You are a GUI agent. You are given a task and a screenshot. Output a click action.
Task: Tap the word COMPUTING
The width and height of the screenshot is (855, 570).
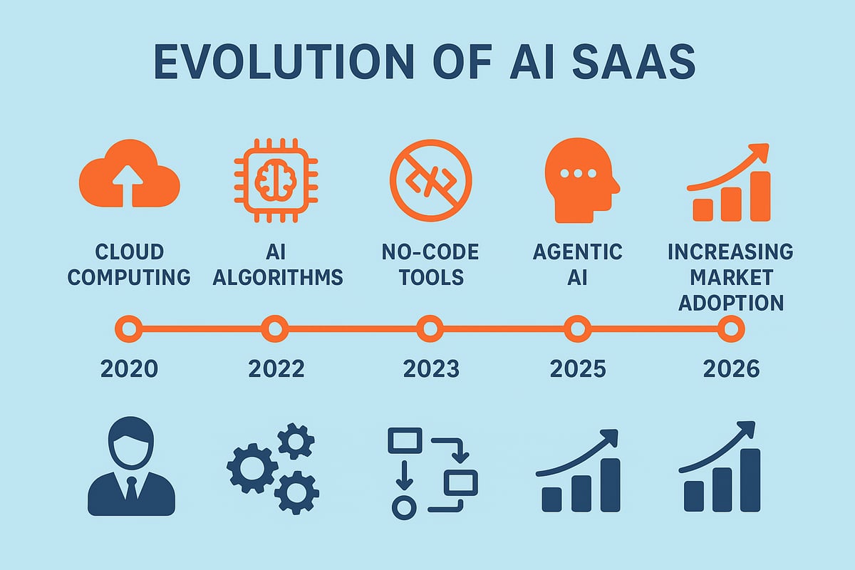129,276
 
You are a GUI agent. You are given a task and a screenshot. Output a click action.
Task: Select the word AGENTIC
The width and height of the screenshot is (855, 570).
577,252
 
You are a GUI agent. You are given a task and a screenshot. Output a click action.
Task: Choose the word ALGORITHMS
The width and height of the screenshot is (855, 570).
278,276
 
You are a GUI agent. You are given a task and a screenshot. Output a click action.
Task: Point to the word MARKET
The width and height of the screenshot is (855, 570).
731,276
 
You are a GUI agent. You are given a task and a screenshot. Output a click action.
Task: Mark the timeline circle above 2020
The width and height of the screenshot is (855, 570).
128,329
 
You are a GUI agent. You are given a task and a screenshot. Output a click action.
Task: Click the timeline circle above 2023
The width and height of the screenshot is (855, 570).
430,329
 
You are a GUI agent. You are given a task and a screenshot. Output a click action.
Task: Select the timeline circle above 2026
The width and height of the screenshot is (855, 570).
731,329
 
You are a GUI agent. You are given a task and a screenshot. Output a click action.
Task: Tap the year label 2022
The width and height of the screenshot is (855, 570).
276,368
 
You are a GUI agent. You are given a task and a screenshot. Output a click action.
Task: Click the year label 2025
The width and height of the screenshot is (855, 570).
578,368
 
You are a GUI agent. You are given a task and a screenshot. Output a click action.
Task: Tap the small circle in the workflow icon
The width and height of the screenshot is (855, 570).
403,507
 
